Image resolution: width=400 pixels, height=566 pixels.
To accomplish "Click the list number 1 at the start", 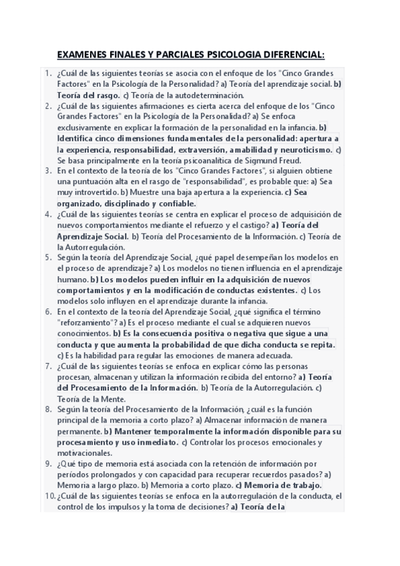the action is [48, 73].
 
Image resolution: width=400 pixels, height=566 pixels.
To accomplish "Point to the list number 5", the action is [48, 257].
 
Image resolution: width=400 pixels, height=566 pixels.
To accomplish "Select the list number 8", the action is [48, 408].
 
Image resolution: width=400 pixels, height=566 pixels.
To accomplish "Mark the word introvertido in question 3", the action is [93, 192].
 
